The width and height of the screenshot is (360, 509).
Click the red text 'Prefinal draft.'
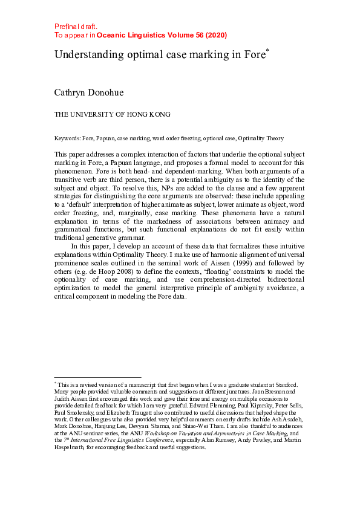[76, 27]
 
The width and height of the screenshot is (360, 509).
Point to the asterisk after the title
[267, 51]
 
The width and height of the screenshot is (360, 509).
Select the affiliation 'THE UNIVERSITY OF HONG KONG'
[113, 114]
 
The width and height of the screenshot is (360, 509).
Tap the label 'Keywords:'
[68, 138]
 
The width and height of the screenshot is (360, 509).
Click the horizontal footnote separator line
[97, 377]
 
